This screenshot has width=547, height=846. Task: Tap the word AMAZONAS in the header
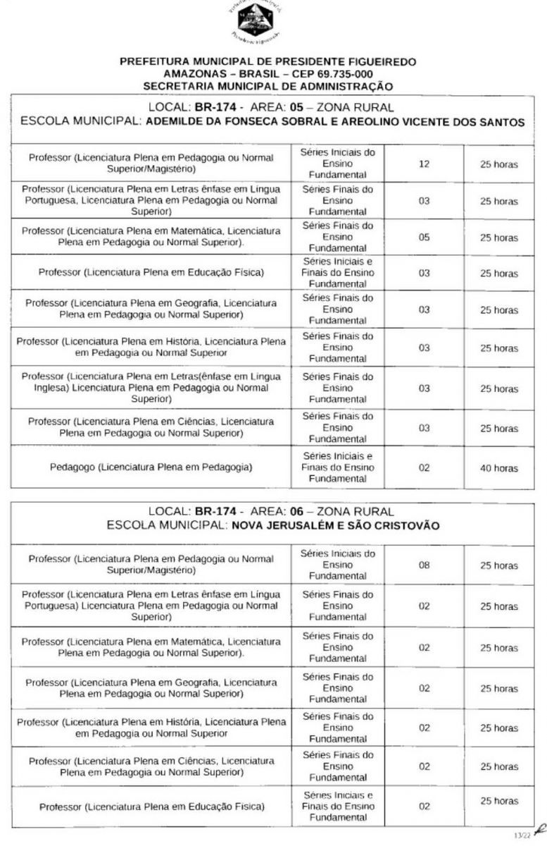click(x=190, y=74)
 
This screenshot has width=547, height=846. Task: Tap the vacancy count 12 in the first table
click(x=423, y=164)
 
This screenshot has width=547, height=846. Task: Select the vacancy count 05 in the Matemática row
click(x=423, y=238)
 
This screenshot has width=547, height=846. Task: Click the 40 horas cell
click(x=498, y=468)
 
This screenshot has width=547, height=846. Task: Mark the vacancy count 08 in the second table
click(x=423, y=565)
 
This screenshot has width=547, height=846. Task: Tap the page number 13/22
click(x=522, y=835)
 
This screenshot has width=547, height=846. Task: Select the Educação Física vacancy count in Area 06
click(x=423, y=806)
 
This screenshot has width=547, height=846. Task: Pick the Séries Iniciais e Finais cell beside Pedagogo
click(x=338, y=468)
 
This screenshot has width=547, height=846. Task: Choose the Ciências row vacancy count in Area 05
click(x=423, y=428)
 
